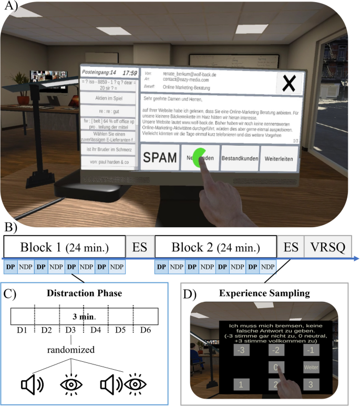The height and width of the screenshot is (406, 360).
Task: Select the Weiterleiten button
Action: pyautogui.click(x=278, y=158)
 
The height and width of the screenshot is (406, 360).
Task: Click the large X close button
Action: pyautogui.click(x=289, y=83)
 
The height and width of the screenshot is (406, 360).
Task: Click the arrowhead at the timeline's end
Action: pyautogui.click(x=356, y=258)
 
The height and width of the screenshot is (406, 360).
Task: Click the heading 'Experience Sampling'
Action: pyautogui.click(x=268, y=292)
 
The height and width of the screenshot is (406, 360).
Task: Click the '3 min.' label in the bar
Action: pyautogui.click(x=85, y=318)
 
